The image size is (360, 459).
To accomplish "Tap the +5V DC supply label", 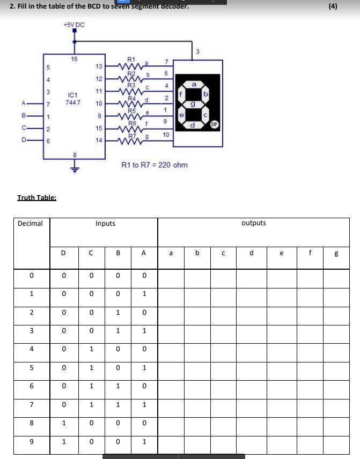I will point(74,25).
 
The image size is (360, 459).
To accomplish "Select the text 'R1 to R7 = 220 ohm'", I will point(155,165).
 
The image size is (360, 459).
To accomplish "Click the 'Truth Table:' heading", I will point(36,197).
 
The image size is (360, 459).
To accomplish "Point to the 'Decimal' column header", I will point(31,223).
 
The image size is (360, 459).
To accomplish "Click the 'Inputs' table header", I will point(105,223).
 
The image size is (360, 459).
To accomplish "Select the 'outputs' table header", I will point(254,223).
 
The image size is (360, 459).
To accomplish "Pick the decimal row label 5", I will point(32,367).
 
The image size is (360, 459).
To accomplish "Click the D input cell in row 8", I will point(64,423).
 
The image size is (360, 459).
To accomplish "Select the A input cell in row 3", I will point(144,331).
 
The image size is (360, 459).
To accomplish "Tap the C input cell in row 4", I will point(92,349).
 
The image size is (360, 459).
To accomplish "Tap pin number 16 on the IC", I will point(74,59).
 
